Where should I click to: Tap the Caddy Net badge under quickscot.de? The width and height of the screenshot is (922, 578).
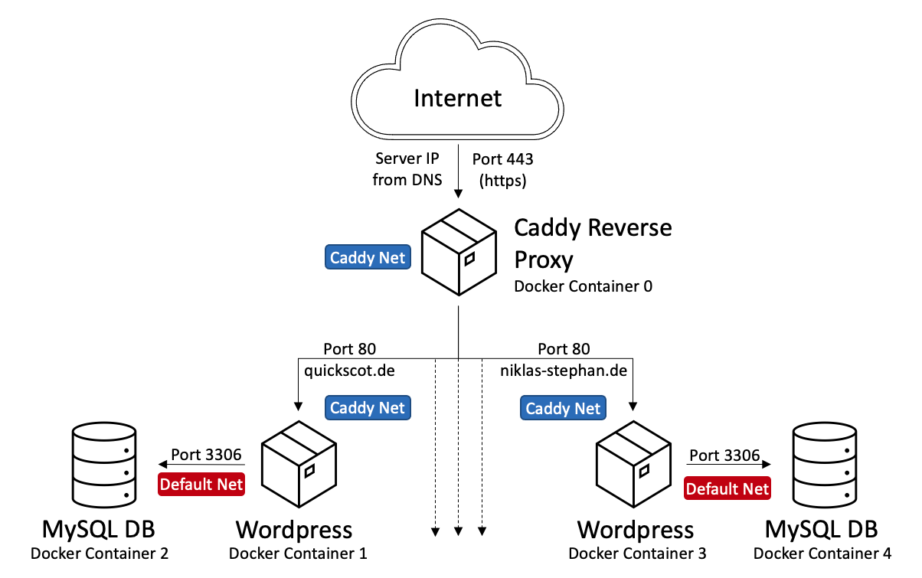point(368,407)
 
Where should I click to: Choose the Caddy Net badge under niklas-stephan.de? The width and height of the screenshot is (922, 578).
point(564,408)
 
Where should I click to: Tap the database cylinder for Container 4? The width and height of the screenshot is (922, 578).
point(825,465)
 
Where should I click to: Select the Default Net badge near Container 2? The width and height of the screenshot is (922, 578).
point(201,484)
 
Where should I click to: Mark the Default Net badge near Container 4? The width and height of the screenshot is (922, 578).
point(727,488)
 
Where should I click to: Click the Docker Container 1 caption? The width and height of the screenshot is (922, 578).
point(298,553)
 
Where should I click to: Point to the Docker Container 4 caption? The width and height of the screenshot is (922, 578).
point(822,553)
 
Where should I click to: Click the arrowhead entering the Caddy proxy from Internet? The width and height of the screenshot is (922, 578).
point(458,194)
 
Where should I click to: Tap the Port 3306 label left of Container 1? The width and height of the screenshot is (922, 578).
point(207,455)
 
